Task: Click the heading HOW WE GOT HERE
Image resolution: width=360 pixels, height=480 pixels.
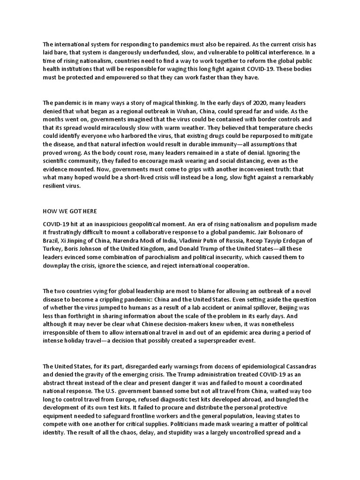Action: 70,211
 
